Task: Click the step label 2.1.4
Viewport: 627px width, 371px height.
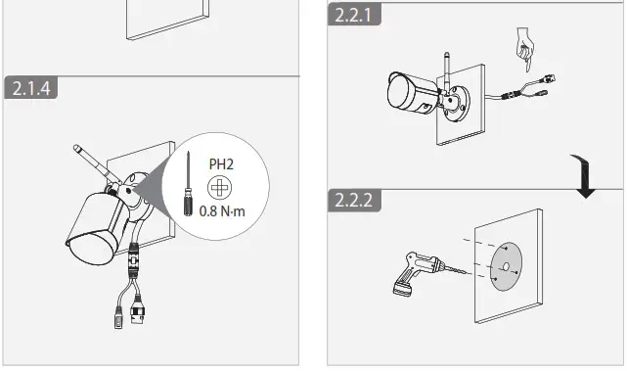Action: [31, 88]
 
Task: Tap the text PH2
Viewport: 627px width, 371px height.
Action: [221, 163]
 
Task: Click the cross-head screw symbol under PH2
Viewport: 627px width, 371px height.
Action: [221, 186]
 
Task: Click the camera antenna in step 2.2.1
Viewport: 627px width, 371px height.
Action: [446, 68]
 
